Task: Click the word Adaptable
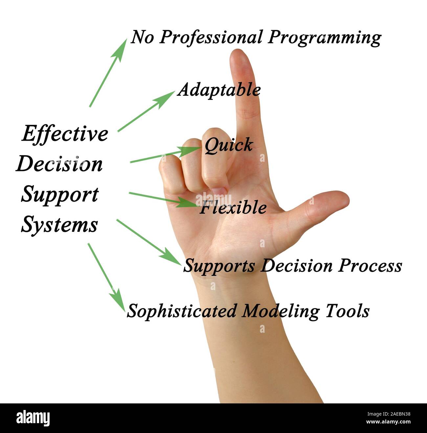click(219, 90)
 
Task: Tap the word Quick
click(229, 145)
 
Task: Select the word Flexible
click(233, 207)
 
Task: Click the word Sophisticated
click(182, 311)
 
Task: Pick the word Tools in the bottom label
click(348, 311)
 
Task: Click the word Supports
click(219, 266)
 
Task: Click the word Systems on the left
click(59, 225)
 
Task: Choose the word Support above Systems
click(60, 195)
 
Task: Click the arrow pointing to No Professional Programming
click(108, 73)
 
